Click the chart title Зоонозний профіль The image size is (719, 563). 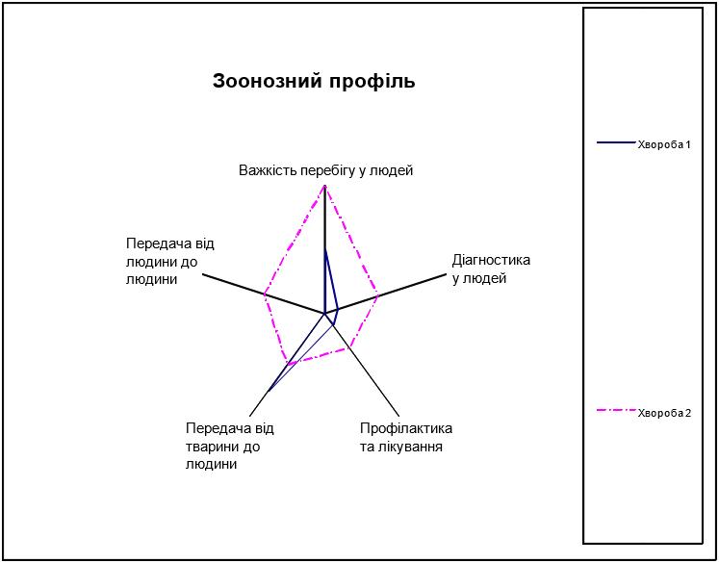tap(314, 81)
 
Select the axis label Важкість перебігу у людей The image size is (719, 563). tap(326, 171)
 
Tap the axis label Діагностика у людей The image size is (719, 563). tap(491, 269)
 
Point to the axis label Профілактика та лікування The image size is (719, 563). tap(406, 437)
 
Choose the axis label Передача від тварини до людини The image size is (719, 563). tap(230, 447)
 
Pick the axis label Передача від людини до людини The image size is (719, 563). tap(170, 262)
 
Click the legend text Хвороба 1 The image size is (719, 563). tap(664, 145)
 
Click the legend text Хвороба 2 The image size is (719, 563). tap(664, 413)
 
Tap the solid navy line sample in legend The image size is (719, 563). tap(616, 142)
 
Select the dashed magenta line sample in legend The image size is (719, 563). tap(616, 410)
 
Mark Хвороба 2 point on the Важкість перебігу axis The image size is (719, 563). tap(324, 186)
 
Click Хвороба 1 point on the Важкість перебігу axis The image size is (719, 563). tap(324, 250)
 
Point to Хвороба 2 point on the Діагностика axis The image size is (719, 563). tap(377, 296)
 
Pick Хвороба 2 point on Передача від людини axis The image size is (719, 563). tap(265, 294)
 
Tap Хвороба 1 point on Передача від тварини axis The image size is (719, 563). tap(268, 392)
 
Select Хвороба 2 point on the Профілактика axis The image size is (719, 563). tap(349, 347)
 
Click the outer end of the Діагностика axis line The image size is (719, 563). tap(446, 274)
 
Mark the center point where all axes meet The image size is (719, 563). tap(324, 314)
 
